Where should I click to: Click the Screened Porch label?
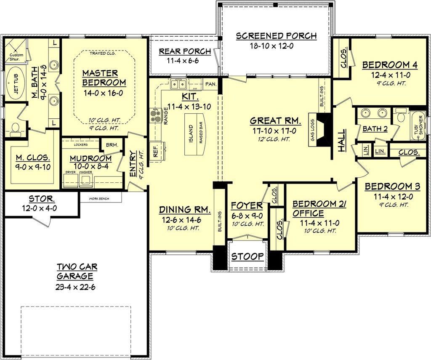(x=276, y=36)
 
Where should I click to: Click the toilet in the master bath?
(x=15, y=127)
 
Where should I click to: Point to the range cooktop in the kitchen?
(x=155, y=115)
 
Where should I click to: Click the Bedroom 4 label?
(x=389, y=65)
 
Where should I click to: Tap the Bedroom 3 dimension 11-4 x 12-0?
(x=388, y=196)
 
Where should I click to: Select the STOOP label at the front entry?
(x=247, y=256)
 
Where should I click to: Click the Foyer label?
(x=247, y=206)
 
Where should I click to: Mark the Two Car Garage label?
(x=75, y=271)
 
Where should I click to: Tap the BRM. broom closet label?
(x=112, y=145)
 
